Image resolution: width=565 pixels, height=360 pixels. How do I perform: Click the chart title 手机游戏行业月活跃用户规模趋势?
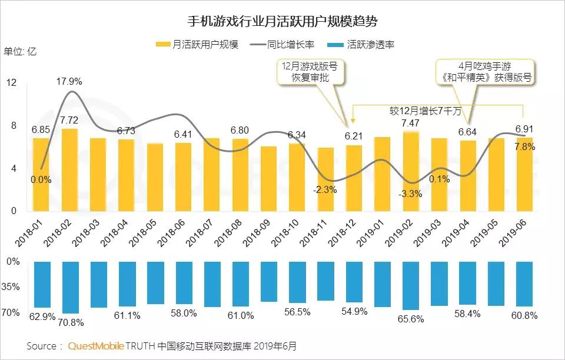pyautogui.click(x=282, y=22)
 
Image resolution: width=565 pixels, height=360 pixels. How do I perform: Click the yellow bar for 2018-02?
pyautogui.click(x=69, y=170)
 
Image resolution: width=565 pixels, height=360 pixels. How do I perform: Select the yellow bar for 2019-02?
pyautogui.click(x=411, y=171)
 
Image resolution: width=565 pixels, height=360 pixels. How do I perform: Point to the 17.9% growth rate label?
pyautogui.click(x=69, y=81)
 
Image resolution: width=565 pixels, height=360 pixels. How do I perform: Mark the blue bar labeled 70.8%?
pyautogui.click(x=69, y=288)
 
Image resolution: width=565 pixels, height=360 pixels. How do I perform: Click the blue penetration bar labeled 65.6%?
pyautogui.click(x=411, y=286)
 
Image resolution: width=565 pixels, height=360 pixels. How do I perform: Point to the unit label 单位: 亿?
pyautogui.click(x=20, y=51)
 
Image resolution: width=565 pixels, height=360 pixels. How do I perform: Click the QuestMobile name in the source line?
pyautogui.click(x=95, y=346)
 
